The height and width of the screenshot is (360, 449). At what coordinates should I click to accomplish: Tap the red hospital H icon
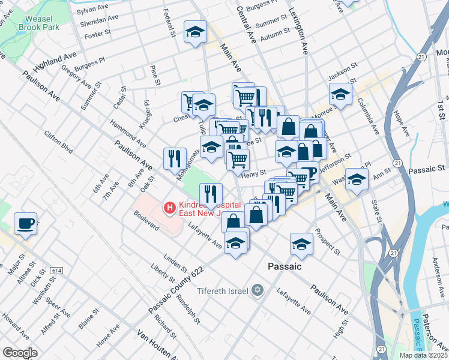pos(170,208)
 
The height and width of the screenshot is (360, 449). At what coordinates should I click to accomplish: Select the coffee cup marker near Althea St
pos(25,223)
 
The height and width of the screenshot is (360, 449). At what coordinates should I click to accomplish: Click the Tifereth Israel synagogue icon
pos(258,291)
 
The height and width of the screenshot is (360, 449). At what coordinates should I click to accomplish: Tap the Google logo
pos(20,353)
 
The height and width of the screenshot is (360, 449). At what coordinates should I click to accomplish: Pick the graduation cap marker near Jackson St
pos(340,94)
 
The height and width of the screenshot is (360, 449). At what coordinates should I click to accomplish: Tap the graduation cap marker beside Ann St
pos(357,179)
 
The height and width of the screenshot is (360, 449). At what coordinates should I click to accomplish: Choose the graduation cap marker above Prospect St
pos(301,244)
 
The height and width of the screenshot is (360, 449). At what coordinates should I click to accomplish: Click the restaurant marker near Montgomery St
pos(175,158)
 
